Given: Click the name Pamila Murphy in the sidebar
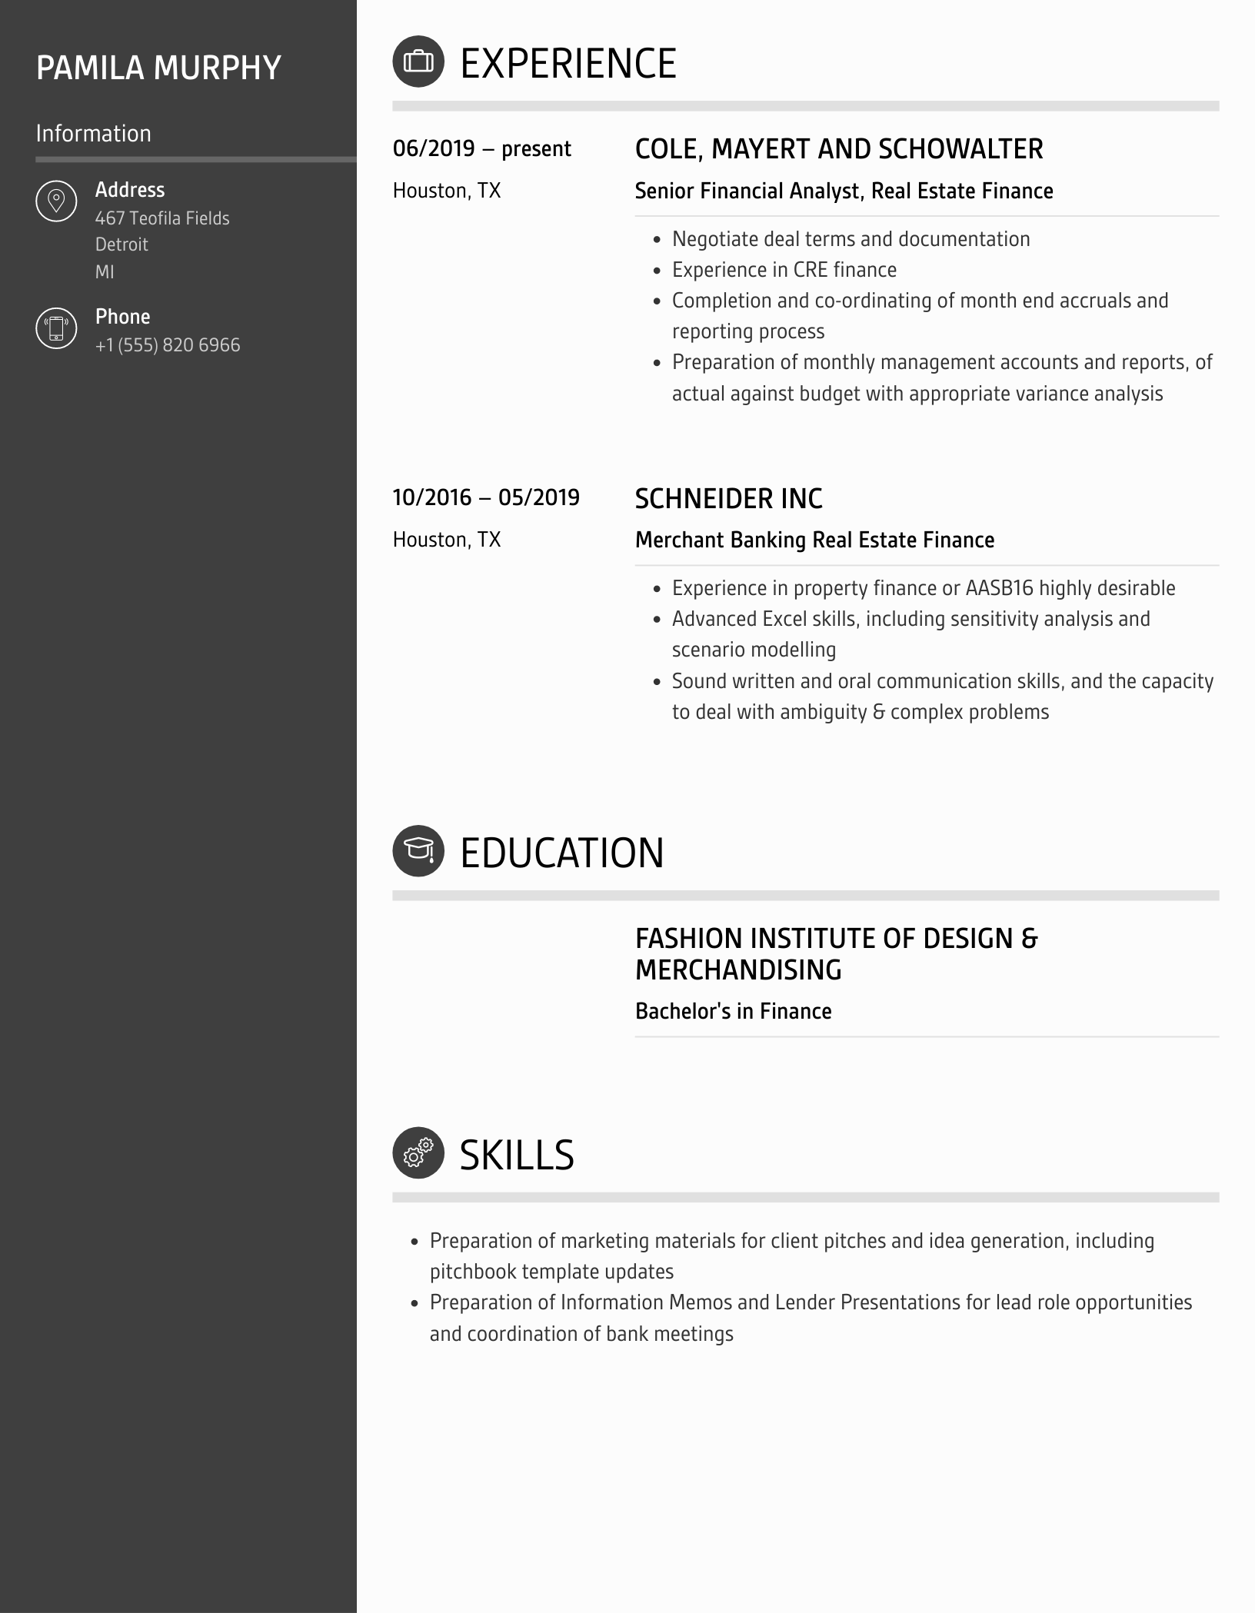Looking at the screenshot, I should click(158, 68).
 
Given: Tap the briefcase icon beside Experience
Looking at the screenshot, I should click(418, 62).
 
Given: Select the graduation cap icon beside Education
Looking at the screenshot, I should click(418, 851).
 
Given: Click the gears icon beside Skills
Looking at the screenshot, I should click(418, 1153).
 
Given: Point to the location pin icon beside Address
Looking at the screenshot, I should click(56, 201).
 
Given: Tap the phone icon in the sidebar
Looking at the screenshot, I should click(56, 328).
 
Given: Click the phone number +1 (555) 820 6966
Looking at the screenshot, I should click(168, 345).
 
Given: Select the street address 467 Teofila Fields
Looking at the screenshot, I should click(162, 218).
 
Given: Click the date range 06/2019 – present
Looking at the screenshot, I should click(481, 148).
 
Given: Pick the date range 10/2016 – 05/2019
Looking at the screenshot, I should click(486, 497).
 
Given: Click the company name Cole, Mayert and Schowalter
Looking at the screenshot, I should click(838, 149).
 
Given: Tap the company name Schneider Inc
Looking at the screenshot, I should click(728, 499).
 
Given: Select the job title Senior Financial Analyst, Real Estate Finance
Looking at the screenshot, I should click(844, 191).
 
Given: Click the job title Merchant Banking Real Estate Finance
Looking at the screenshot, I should click(814, 540).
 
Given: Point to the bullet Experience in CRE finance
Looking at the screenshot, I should click(784, 270).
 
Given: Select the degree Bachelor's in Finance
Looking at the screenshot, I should click(733, 1012).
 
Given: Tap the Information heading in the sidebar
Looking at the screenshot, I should click(93, 134).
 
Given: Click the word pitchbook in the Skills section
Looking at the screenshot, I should click(473, 1272).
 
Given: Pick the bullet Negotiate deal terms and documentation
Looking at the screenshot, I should click(851, 239).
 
